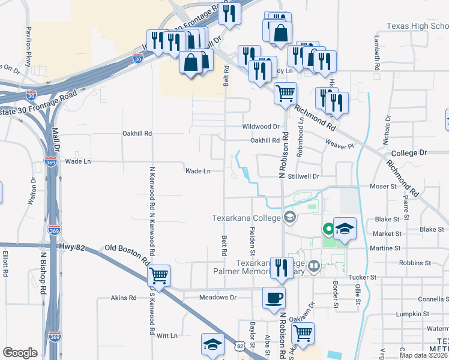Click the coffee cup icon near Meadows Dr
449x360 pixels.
(x=274, y=298)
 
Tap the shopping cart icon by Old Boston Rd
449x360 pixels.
(x=159, y=276)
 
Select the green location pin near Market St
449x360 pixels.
(x=328, y=229)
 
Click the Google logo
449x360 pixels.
(x=20, y=353)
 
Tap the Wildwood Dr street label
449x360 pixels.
(x=261, y=127)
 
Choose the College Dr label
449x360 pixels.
(x=408, y=153)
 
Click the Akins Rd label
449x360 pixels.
(x=125, y=298)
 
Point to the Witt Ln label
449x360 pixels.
(x=167, y=336)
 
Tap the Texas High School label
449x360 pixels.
(x=417, y=26)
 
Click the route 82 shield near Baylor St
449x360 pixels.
(x=240, y=346)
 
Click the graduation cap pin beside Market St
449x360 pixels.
(x=345, y=228)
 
